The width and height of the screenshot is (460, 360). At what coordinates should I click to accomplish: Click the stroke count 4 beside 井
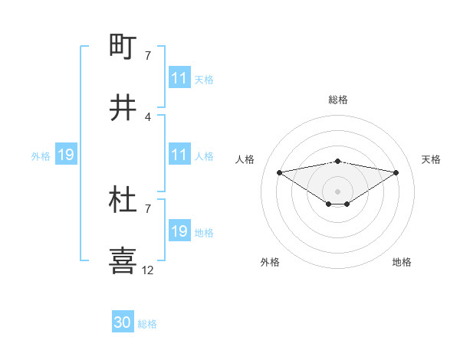[x=148, y=117]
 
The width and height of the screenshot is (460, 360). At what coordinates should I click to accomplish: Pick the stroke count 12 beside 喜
[x=148, y=270]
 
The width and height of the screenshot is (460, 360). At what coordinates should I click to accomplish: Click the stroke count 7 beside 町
[x=148, y=56]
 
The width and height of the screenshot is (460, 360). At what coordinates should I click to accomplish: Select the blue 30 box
[x=123, y=322]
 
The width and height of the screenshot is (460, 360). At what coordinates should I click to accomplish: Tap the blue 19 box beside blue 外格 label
[x=65, y=155]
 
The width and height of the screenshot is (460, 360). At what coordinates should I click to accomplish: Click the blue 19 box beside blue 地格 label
[x=179, y=231]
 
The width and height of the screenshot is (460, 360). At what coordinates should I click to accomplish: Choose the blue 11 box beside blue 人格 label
[x=179, y=155]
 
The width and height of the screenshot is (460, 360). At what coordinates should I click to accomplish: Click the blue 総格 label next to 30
[x=147, y=324]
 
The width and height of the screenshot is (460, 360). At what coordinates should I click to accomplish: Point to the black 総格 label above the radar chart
[x=337, y=100]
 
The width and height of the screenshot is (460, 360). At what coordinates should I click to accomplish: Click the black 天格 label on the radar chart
[x=431, y=159]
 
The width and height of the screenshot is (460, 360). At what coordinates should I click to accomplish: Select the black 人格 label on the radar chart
[x=245, y=159]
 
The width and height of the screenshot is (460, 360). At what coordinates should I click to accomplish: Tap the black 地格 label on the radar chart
[x=402, y=262]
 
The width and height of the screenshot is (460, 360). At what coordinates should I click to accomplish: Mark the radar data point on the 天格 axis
[x=396, y=172]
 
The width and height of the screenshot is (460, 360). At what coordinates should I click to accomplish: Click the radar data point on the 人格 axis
[x=280, y=172]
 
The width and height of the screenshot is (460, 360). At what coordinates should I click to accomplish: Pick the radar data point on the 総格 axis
[x=337, y=161]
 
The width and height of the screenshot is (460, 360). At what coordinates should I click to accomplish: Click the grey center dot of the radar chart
[x=337, y=191]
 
